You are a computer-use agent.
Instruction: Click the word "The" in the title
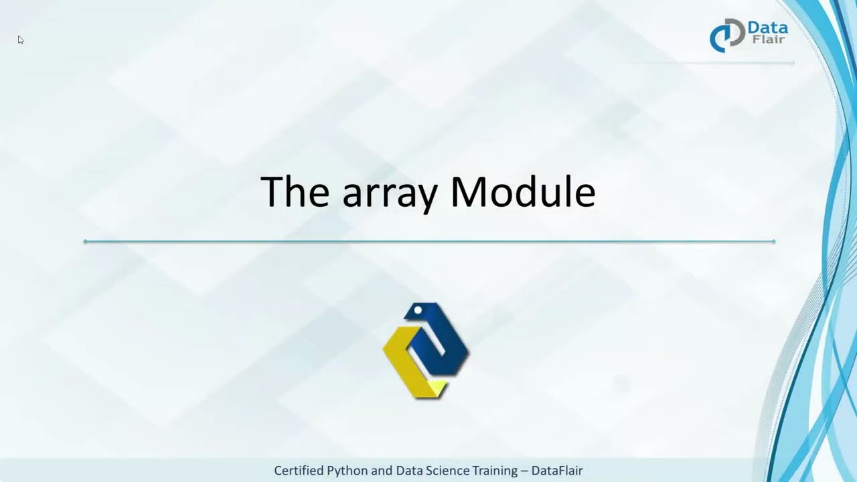point(295,191)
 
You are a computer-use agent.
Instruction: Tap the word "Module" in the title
point(522,191)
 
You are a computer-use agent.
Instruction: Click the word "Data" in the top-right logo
point(767,29)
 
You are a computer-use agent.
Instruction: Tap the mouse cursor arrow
point(21,40)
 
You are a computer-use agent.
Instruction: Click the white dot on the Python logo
point(418,311)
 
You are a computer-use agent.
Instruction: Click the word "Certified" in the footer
point(299,471)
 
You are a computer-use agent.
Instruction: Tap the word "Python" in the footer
point(347,471)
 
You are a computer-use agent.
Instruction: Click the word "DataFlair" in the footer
point(557,471)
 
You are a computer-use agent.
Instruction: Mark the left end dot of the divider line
point(85,241)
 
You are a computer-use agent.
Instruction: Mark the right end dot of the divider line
point(773,241)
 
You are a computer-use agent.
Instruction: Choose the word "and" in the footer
point(382,471)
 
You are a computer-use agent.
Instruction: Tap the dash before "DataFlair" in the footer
point(525,471)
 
